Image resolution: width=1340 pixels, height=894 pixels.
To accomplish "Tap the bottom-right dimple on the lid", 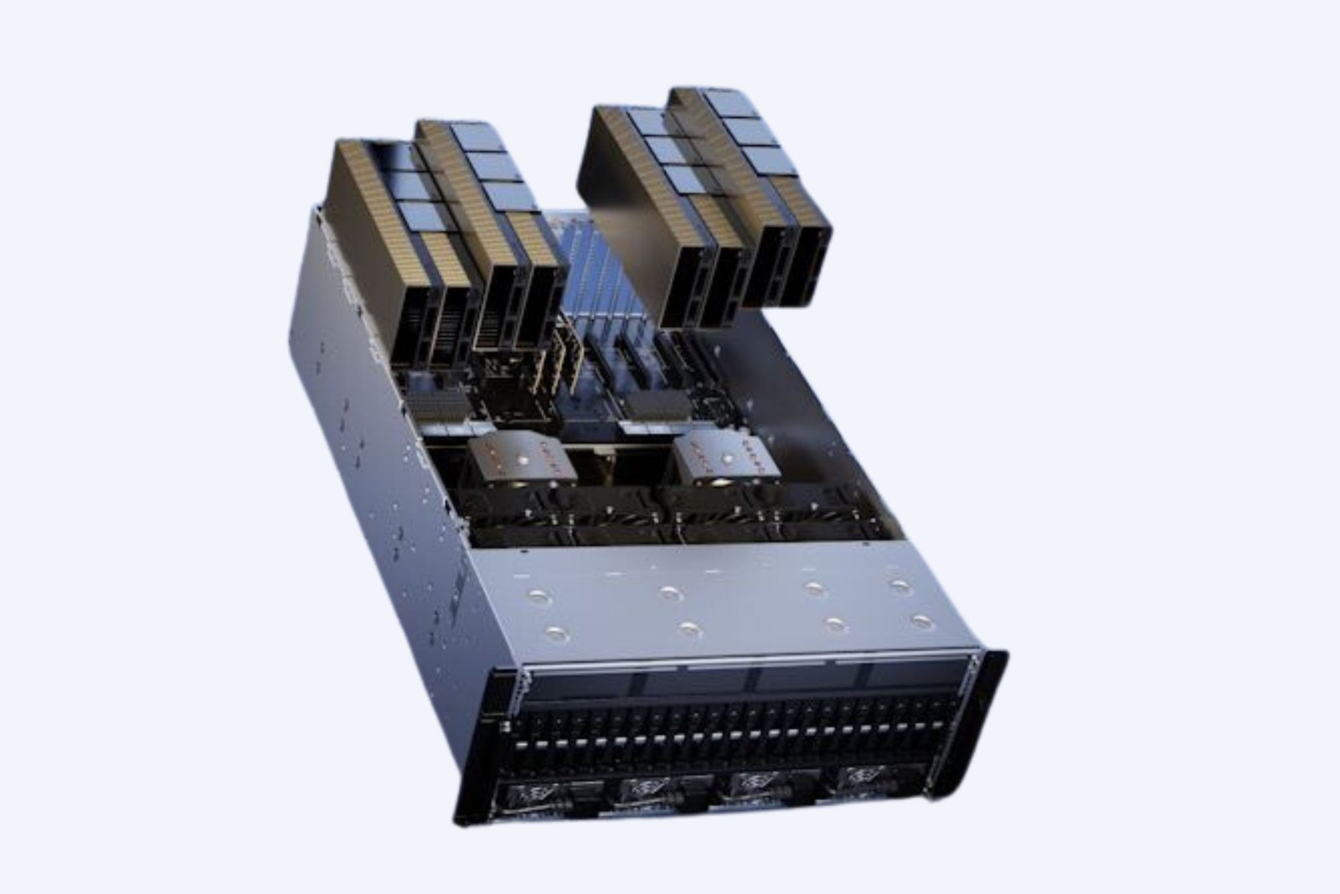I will click(x=922, y=621).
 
